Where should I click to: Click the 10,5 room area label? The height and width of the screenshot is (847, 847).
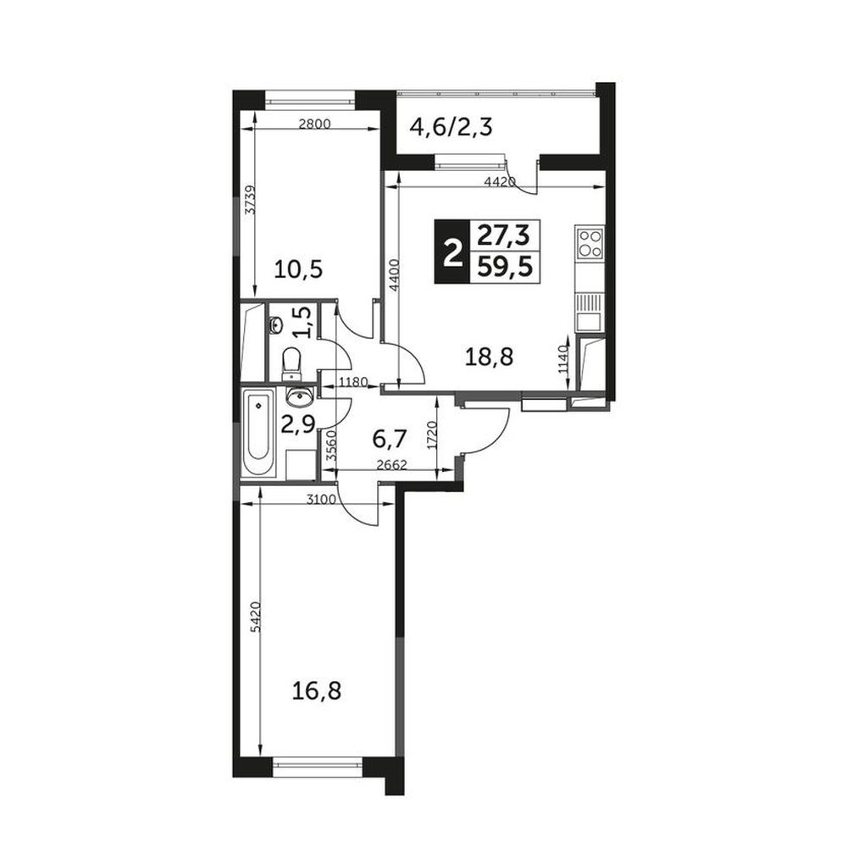pos(298,268)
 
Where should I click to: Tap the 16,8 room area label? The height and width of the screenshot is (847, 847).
pos(317,691)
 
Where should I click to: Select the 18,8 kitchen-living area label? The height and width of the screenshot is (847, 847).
pos(490,357)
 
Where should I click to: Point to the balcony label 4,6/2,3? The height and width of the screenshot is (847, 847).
pos(451,128)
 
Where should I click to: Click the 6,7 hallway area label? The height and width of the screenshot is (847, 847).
pos(389,440)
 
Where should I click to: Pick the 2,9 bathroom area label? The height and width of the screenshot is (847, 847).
pos(297,424)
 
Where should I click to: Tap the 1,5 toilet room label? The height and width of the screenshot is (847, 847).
pos(302,322)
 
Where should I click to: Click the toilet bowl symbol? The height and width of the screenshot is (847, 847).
pos(292,363)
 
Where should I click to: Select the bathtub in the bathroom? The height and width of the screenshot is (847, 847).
pos(259,433)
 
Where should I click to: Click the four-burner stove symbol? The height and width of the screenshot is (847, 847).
pos(590,242)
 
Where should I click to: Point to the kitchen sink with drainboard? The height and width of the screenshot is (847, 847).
pos(590,313)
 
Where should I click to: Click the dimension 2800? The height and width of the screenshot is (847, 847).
pos(314,124)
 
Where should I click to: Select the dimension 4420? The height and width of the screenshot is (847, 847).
pos(501,181)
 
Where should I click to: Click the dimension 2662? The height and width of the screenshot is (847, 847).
pos(390,464)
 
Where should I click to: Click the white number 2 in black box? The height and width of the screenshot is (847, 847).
pos(452,252)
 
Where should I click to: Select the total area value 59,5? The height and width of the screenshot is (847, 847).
pos(506,266)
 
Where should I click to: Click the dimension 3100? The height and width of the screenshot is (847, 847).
pos(321,499)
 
